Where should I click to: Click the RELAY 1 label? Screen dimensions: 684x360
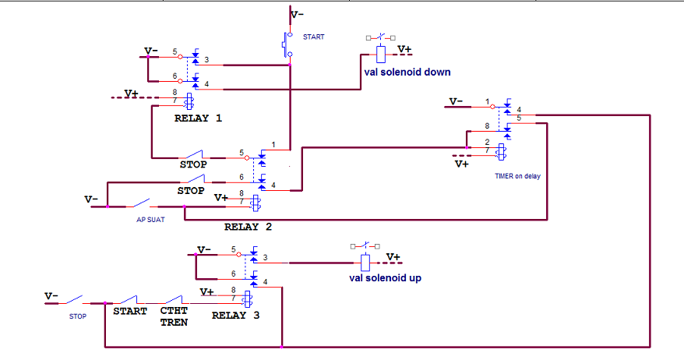pos(198,118)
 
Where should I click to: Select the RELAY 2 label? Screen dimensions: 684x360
pos(248,227)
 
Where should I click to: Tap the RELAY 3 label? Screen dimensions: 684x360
pos(235,316)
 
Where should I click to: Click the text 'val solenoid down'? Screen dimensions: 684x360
pos(407,72)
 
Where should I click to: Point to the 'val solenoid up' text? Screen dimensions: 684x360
pos(385,278)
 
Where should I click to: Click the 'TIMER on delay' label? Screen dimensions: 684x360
pos(517,176)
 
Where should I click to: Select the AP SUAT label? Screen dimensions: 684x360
pos(150,220)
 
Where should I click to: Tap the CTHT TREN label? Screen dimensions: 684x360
pos(174,316)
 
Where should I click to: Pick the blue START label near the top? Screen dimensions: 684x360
pos(314,37)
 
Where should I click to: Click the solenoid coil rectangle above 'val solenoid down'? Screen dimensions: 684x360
pos(381,55)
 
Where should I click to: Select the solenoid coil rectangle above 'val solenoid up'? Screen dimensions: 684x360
pos(365,263)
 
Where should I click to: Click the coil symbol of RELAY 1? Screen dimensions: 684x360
pos(189,101)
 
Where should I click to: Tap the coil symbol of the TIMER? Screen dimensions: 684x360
pos(502,152)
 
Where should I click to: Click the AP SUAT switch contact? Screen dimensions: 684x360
pos(139,203)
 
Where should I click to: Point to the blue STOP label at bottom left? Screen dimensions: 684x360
pos(78,316)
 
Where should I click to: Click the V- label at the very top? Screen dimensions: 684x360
pos(297,15)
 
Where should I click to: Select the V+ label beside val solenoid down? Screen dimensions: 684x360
pos(404,50)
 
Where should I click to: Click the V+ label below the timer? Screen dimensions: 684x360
pos(462,164)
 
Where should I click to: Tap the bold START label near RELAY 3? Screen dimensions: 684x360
pos(130,311)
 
